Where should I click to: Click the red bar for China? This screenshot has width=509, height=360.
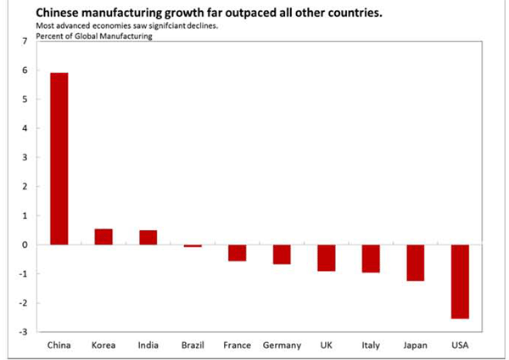59,159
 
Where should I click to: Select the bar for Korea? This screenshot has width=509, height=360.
103,237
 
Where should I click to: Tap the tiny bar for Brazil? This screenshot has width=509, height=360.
193,246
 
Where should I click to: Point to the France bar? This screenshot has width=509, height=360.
238,253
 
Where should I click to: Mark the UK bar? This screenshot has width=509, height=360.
327,258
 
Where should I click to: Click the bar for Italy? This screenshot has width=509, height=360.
371,259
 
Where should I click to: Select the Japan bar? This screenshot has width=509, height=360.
415,263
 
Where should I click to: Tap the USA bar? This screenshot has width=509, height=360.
460,282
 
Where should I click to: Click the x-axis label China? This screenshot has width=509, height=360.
59,345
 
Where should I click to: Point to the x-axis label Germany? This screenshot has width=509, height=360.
282,345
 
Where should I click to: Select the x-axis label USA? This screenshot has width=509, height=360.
460,345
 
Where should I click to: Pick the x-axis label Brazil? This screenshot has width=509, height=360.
193,345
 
